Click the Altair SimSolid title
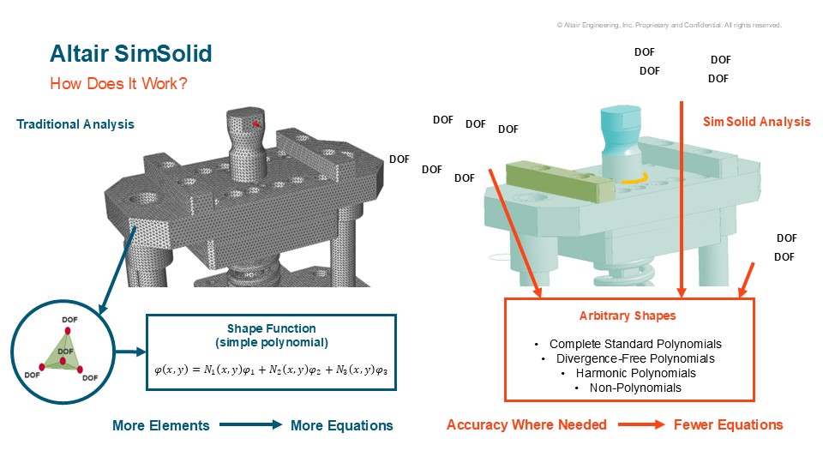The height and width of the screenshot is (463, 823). point(130,53)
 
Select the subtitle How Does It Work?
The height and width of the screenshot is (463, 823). point(118,83)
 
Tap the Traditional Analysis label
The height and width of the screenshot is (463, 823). point(75,124)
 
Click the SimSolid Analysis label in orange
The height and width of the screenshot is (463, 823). point(756,122)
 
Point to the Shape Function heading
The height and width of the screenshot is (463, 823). point(272,328)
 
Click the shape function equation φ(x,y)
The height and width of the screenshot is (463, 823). point(271,370)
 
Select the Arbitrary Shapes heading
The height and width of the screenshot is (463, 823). point(628,316)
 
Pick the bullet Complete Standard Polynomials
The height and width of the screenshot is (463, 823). point(635,344)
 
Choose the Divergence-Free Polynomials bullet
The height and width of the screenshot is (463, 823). point(635,358)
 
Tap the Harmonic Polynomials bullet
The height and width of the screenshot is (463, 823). point(635,373)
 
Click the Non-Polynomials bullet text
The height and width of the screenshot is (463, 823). point(635,388)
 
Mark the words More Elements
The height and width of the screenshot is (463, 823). point(160,425)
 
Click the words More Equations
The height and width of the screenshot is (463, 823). point(342,425)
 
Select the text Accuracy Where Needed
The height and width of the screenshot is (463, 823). point(526,424)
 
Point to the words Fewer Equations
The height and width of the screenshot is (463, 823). point(728,424)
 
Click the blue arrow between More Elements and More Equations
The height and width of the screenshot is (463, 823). point(250,424)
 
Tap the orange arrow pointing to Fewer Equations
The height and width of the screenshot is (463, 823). point(641,424)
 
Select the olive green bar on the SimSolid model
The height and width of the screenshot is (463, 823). point(560,181)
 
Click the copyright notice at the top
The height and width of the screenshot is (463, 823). point(670,25)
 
